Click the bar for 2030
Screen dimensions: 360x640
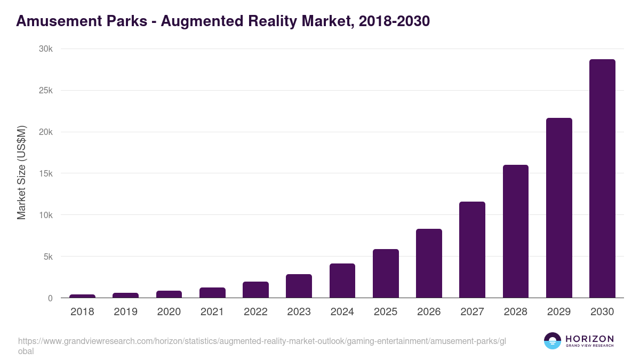pyautogui.click(x=602, y=179)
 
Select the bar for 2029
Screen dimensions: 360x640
pyautogui.click(x=559, y=208)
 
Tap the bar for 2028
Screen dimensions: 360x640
pyautogui.click(x=515, y=231)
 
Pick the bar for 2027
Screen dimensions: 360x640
pyautogui.click(x=472, y=250)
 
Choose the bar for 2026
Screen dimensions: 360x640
pyautogui.click(x=429, y=263)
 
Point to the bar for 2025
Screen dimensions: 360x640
pyautogui.click(x=386, y=274)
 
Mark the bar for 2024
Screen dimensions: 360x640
pyautogui.click(x=342, y=281)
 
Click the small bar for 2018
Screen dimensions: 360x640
pyautogui.click(x=82, y=296)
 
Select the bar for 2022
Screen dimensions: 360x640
pyautogui.click(x=255, y=290)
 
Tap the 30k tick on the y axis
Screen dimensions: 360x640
pyautogui.click(x=45, y=49)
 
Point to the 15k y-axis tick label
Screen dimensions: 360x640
pyautogui.click(x=45, y=173)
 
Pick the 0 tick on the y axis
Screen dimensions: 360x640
pyautogui.click(x=50, y=298)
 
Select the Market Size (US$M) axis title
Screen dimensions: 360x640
pyautogui.click(x=21, y=173)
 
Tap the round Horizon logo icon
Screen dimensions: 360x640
pyautogui.click(x=552, y=341)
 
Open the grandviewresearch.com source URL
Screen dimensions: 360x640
pyautogui.click(x=261, y=341)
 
